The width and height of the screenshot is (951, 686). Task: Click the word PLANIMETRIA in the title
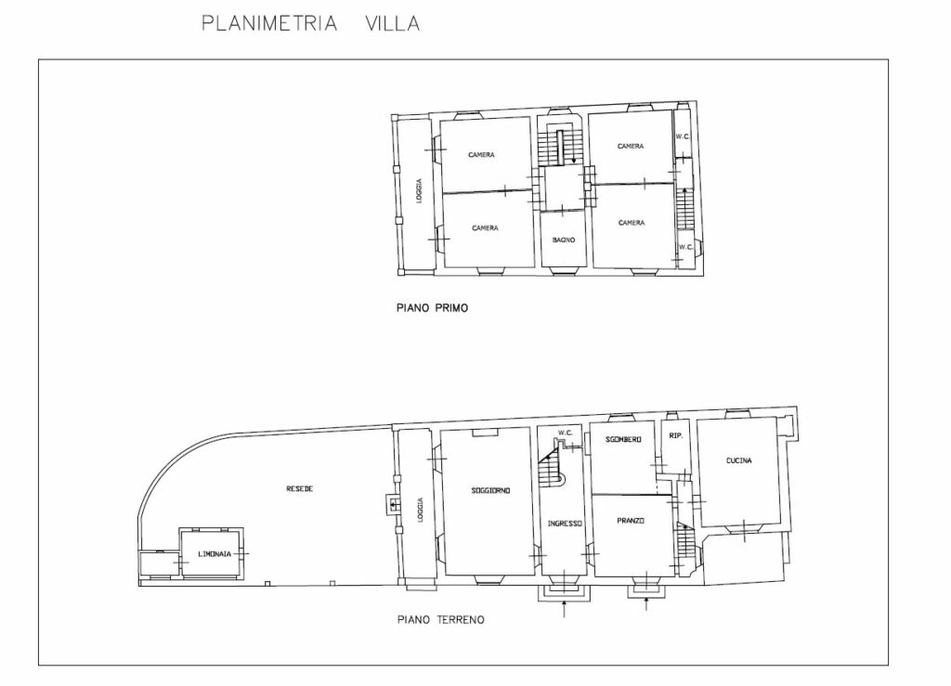269,23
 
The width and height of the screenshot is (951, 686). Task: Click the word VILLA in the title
393,23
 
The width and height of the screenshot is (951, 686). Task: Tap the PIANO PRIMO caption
432,308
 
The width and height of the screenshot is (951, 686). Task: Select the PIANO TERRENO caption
441,620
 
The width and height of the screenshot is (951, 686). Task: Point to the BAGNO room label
564,240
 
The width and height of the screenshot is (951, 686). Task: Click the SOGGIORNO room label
490,490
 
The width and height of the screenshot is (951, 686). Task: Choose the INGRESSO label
566,524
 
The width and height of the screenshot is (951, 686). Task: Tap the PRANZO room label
631,521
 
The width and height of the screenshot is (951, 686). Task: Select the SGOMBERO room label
623,439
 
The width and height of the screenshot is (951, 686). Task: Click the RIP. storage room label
676,435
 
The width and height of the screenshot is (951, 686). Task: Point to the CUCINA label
738,460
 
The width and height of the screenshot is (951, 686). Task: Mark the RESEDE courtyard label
300,488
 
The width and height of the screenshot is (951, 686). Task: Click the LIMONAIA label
215,554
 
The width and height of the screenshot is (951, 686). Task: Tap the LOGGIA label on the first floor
419,190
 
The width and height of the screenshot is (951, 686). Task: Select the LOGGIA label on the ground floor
421,511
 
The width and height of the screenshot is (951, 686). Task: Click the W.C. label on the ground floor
566,433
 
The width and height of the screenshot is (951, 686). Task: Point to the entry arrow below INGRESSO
565,608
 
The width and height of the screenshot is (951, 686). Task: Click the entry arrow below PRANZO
646,603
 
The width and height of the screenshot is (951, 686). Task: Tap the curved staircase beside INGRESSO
552,465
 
